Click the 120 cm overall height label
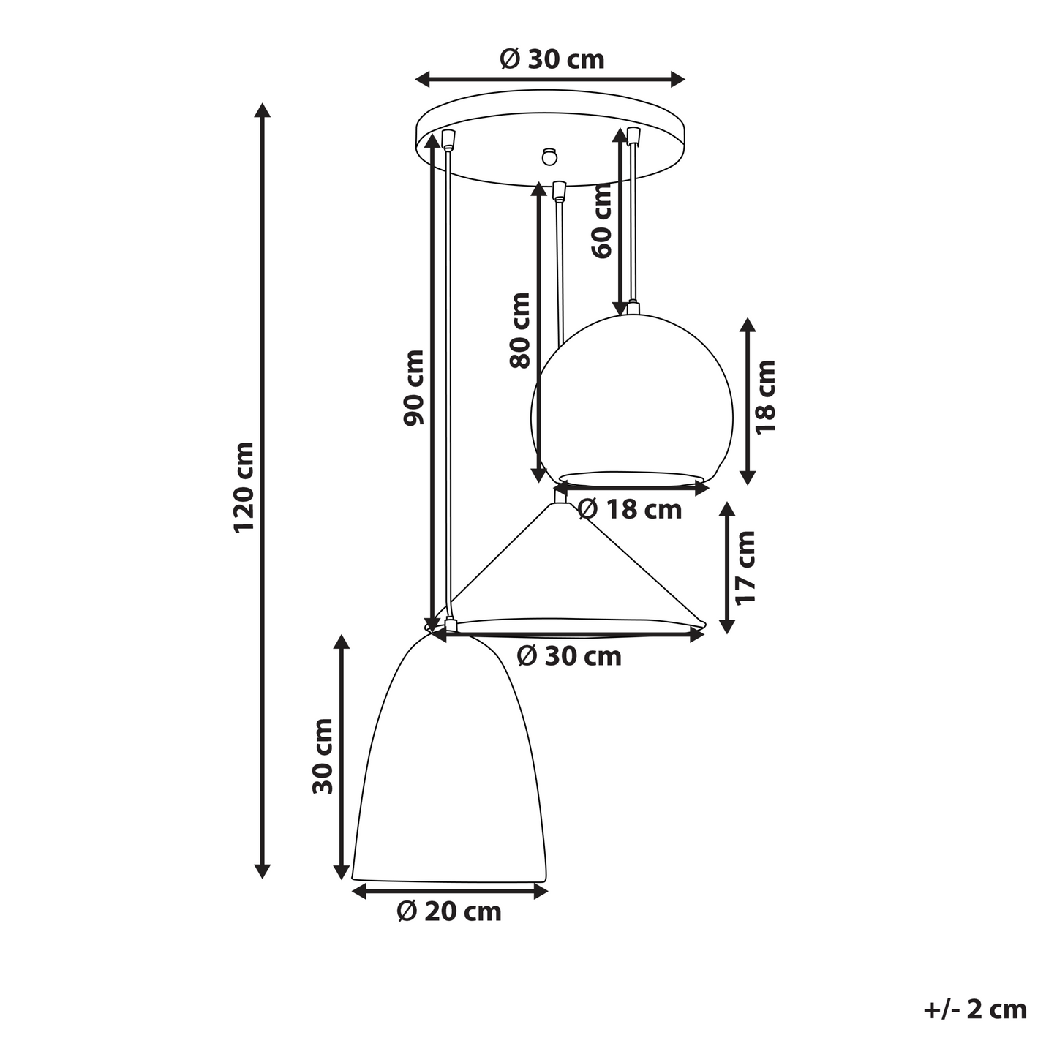click(244, 487)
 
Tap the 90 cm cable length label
click(413, 388)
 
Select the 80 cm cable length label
click(519, 330)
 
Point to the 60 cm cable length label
click(601, 221)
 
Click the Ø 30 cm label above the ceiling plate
click(552, 59)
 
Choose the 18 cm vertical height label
click(765, 397)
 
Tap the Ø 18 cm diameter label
click(630, 510)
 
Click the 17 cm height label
click(745, 568)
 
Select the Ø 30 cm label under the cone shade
click(569, 656)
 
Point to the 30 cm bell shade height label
click(323, 756)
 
